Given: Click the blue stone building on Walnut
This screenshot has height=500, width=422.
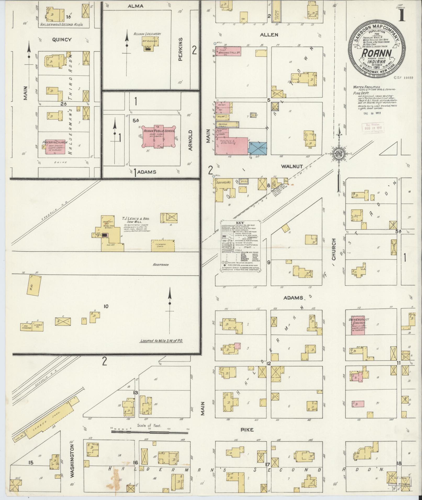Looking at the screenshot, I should [x=258, y=148].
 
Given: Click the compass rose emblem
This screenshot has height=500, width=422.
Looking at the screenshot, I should [x=338, y=153].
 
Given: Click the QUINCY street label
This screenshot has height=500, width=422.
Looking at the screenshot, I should [x=62, y=40].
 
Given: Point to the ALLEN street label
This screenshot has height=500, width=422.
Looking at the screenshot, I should [x=269, y=35].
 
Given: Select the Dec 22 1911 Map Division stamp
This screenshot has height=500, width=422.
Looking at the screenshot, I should [x=373, y=128].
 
